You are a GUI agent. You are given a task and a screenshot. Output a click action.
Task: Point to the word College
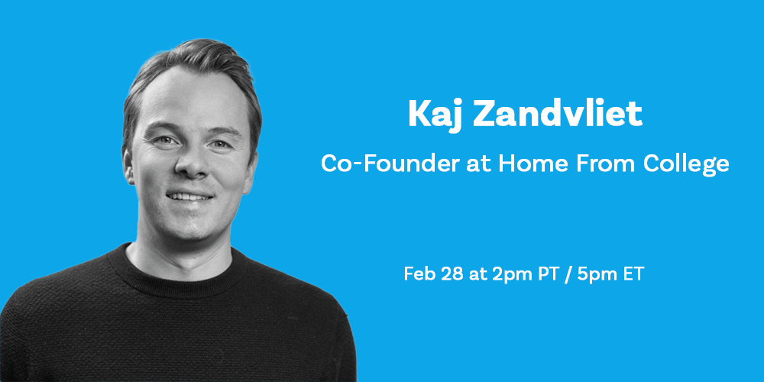tap(686, 166)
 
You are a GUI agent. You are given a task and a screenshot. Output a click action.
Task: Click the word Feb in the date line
tap(419, 274)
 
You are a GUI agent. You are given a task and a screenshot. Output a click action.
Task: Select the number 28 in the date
tap(452, 274)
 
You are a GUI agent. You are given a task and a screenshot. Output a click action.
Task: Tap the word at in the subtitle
tap(478, 165)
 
